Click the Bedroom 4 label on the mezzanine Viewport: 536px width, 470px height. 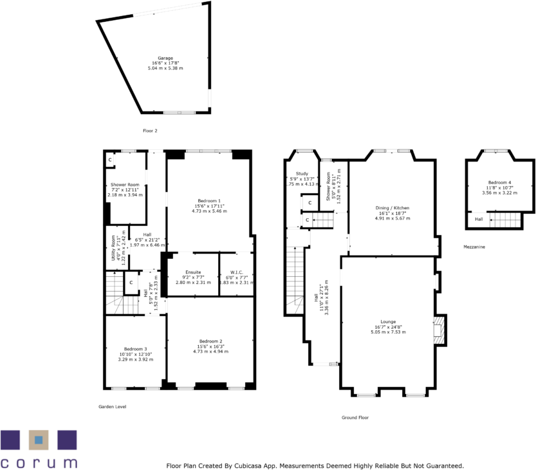tap(499, 182)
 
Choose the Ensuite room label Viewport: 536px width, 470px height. tap(193, 272)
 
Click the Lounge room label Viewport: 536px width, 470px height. tap(387, 321)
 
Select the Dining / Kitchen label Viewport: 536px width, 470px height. tap(392, 208)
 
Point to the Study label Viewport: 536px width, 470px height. tap(302, 174)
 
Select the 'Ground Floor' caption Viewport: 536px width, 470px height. tap(355, 418)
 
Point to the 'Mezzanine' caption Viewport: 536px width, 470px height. tap(474, 247)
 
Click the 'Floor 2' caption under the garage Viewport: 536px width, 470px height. tap(150, 131)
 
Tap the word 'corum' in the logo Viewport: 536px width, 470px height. tap(39, 462)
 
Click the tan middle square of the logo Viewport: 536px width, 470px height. tap(39, 440)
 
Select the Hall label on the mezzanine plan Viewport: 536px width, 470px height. tap(479, 219)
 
